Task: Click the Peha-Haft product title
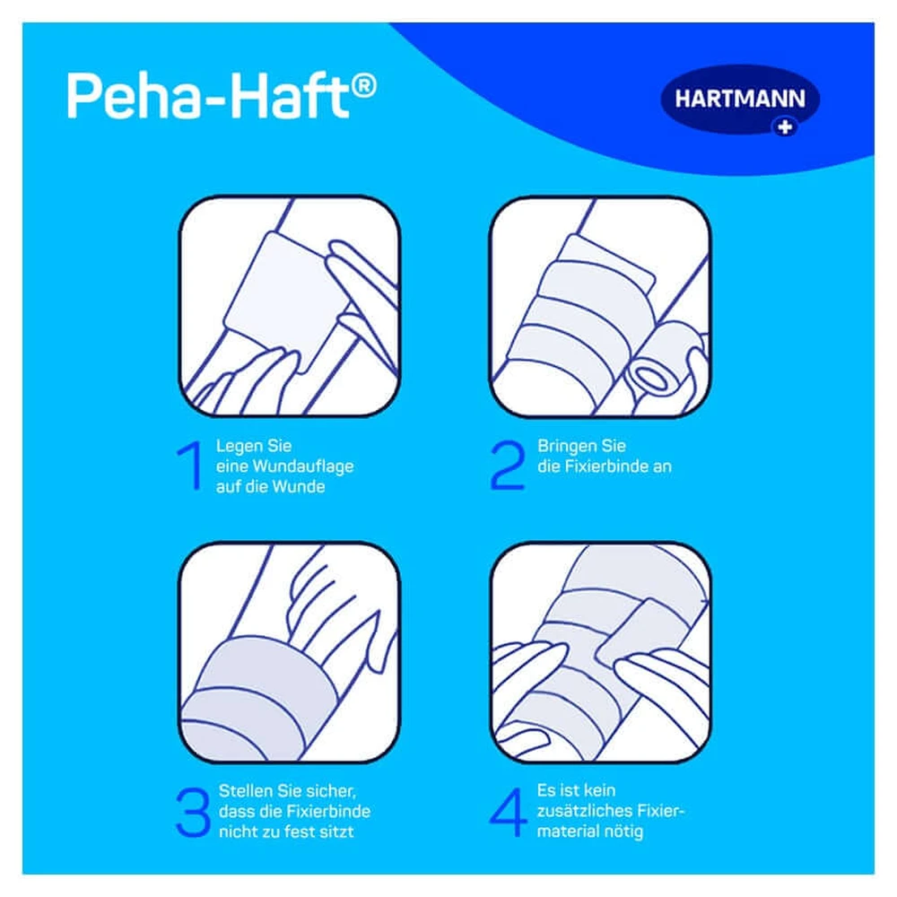click(x=222, y=95)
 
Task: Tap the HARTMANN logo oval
click(x=740, y=99)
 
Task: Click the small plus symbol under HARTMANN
click(x=785, y=127)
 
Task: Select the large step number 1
click(x=190, y=465)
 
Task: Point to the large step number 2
click(x=508, y=465)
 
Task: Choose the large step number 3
click(x=193, y=812)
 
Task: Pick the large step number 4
click(x=508, y=812)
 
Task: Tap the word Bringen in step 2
click(x=566, y=446)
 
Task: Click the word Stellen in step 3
click(x=246, y=790)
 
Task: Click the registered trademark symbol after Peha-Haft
click(x=363, y=86)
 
